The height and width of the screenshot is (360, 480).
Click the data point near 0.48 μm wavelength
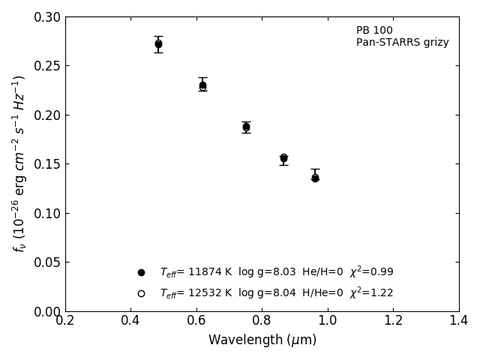coord(158,44)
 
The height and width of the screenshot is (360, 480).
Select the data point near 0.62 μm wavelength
coord(202,86)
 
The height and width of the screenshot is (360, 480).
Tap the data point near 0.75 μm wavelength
coord(246,127)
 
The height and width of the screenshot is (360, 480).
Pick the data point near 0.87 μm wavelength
coord(283,158)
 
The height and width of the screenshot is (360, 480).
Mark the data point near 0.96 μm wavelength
coord(315,178)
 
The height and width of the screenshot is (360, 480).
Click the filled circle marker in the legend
coord(141,272)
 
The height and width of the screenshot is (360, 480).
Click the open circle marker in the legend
coord(141,293)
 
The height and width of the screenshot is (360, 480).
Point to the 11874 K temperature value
coord(195,272)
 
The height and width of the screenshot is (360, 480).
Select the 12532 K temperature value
coord(195,293)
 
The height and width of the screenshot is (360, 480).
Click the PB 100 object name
coord(374,31)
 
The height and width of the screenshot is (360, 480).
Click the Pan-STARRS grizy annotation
coord(402,43)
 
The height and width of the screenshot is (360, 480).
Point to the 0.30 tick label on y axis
coord(46,17)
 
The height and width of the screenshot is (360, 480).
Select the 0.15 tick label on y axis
coord(46,164)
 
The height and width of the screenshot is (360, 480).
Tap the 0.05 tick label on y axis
coord(46,262)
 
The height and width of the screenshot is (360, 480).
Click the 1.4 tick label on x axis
coord(459,321)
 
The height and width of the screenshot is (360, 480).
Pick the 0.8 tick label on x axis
coord(262,321)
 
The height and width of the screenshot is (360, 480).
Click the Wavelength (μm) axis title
coord(262,340)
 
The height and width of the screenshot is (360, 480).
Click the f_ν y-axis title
coord(19,163)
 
